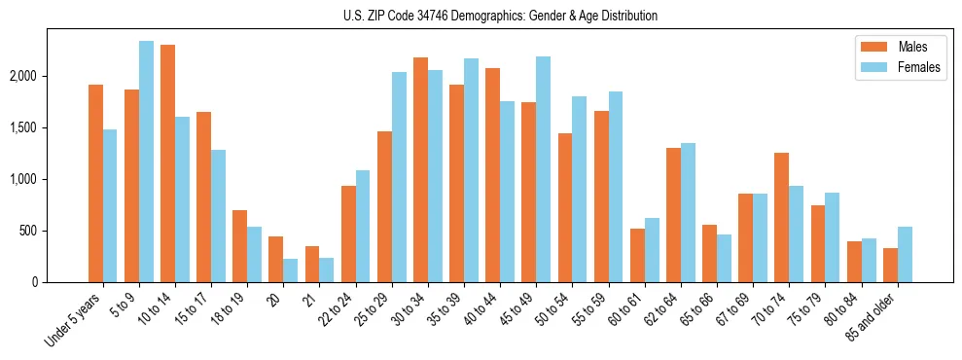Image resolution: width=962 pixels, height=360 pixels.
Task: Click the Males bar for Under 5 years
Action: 95,184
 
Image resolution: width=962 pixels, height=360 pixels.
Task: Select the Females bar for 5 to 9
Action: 146,162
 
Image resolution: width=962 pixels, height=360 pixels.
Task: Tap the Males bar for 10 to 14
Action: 167,163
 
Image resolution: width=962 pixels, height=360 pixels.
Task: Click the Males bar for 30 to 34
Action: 420,170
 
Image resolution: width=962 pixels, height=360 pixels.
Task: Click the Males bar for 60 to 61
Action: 637,256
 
